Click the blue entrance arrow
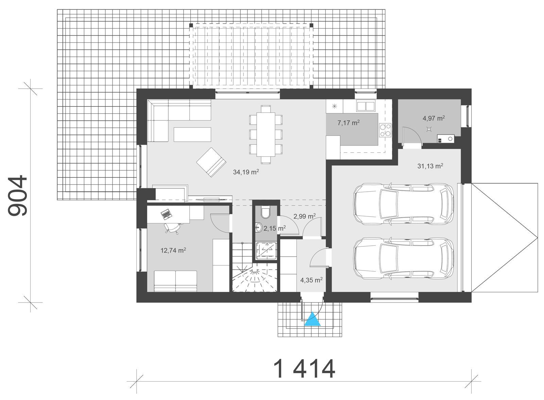click(312, 320)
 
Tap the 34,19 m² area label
click(246, 172)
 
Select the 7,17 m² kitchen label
click(348, 123)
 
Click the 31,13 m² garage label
click(430, 166)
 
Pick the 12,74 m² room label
click(173, 251)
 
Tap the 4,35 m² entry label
click(311, 280)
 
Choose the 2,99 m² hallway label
click(304, 216)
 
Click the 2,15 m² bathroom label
click(274, 228)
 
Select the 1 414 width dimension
click(304, 369)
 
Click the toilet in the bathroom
click(265, 212)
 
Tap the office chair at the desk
click(172, 228)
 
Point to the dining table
click(266, 134)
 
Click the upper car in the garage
click(403, 204)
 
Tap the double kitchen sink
click(365, 106)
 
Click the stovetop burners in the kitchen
click(385, 130)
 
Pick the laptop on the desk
click(166, 214)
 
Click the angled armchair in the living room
click(211, 162)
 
